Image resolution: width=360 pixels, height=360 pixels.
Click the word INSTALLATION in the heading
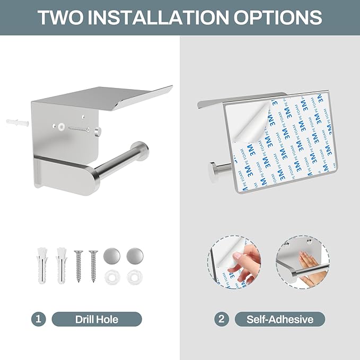[158, 17]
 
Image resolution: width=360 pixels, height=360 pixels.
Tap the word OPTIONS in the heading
[278, 17]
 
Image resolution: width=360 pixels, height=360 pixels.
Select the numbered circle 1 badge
[38, 319]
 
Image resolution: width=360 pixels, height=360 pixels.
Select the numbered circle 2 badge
[222, 319]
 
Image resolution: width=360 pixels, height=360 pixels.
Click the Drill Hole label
[96, 319]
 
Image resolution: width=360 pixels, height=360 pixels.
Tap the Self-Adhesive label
[280, 319]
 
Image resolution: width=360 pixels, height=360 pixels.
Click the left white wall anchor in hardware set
[42, 265]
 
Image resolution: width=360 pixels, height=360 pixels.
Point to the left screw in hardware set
[78, 266]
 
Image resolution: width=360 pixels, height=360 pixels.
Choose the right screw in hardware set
[93, 266]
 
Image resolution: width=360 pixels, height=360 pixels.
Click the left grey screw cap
[112, 256]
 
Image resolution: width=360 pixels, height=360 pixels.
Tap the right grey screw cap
[135, 256]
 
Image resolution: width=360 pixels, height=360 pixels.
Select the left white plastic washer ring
[112, 277]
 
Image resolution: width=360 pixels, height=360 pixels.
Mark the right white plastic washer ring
[135, 277]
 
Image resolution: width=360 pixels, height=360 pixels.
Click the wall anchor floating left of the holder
[17, 123]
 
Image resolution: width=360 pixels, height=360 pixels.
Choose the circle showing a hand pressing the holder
[302, 262]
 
